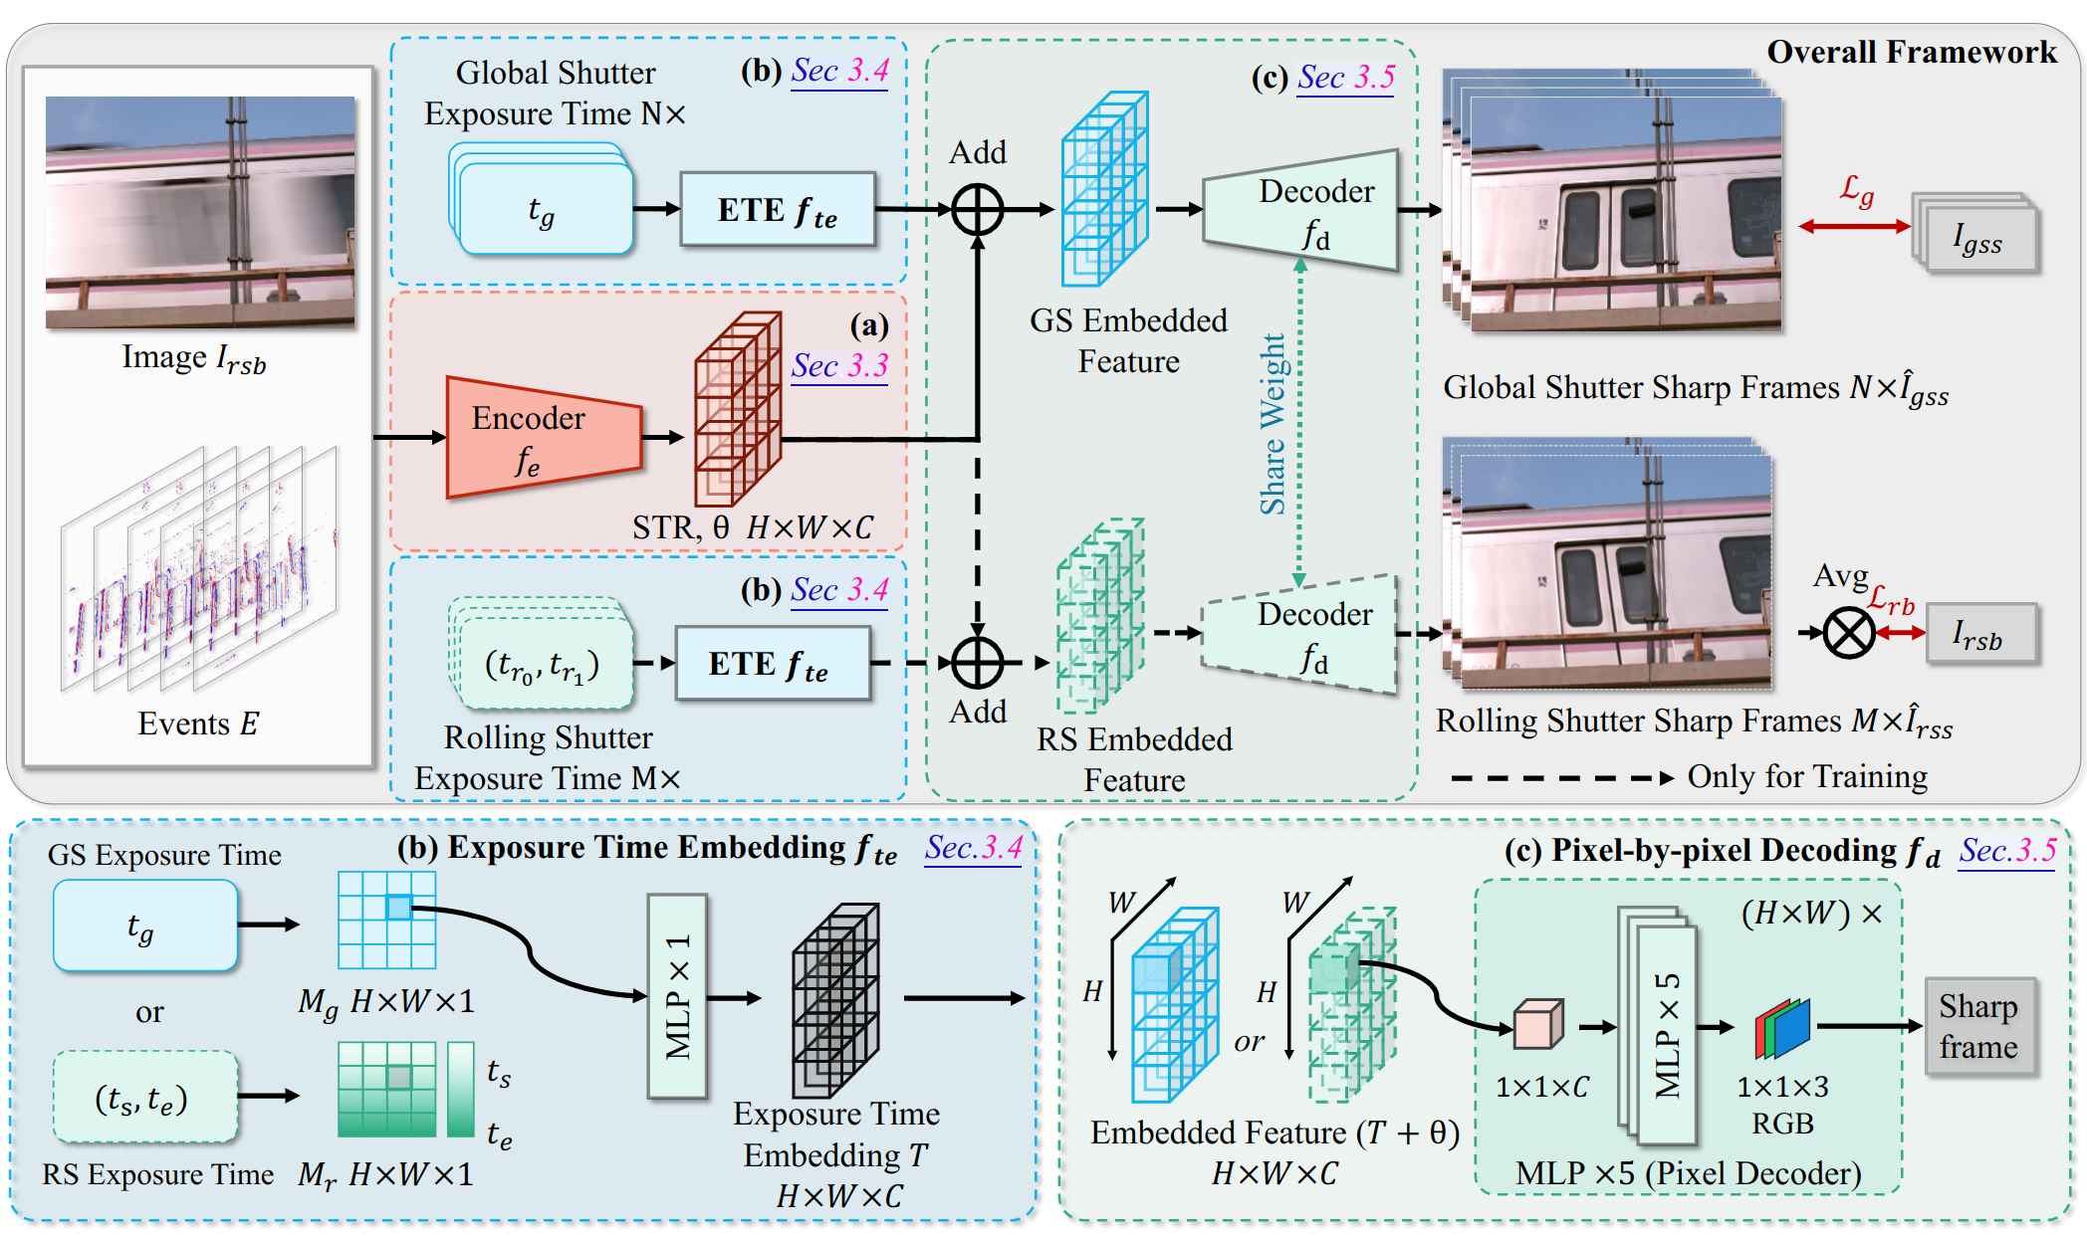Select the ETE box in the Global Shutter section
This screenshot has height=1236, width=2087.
tap(778, 210)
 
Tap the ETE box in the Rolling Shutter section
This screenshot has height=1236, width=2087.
tap(773, 664)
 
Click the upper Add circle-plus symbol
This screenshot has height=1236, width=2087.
tap(978, 210)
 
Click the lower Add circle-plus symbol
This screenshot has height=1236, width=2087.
tap(978, 663)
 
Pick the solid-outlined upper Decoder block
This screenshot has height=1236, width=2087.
tap(1302, 211)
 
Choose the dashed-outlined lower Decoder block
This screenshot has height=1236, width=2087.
tap(1300, 634)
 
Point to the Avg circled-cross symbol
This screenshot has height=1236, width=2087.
tap(1849, 633)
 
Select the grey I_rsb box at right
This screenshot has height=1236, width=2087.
tap(1979, 634)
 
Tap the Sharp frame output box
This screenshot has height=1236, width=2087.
tap(1977, 1026)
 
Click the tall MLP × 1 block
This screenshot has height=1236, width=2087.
tap(678, 996)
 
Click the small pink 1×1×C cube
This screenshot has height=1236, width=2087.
tap(1537, 1026)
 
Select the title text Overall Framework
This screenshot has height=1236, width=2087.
tap(1911, 52)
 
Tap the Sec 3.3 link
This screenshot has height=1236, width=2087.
tap(839, 366)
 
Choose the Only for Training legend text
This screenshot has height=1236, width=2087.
tap(1806, 777)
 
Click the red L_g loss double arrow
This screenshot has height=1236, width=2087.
tap(1854, 227)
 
